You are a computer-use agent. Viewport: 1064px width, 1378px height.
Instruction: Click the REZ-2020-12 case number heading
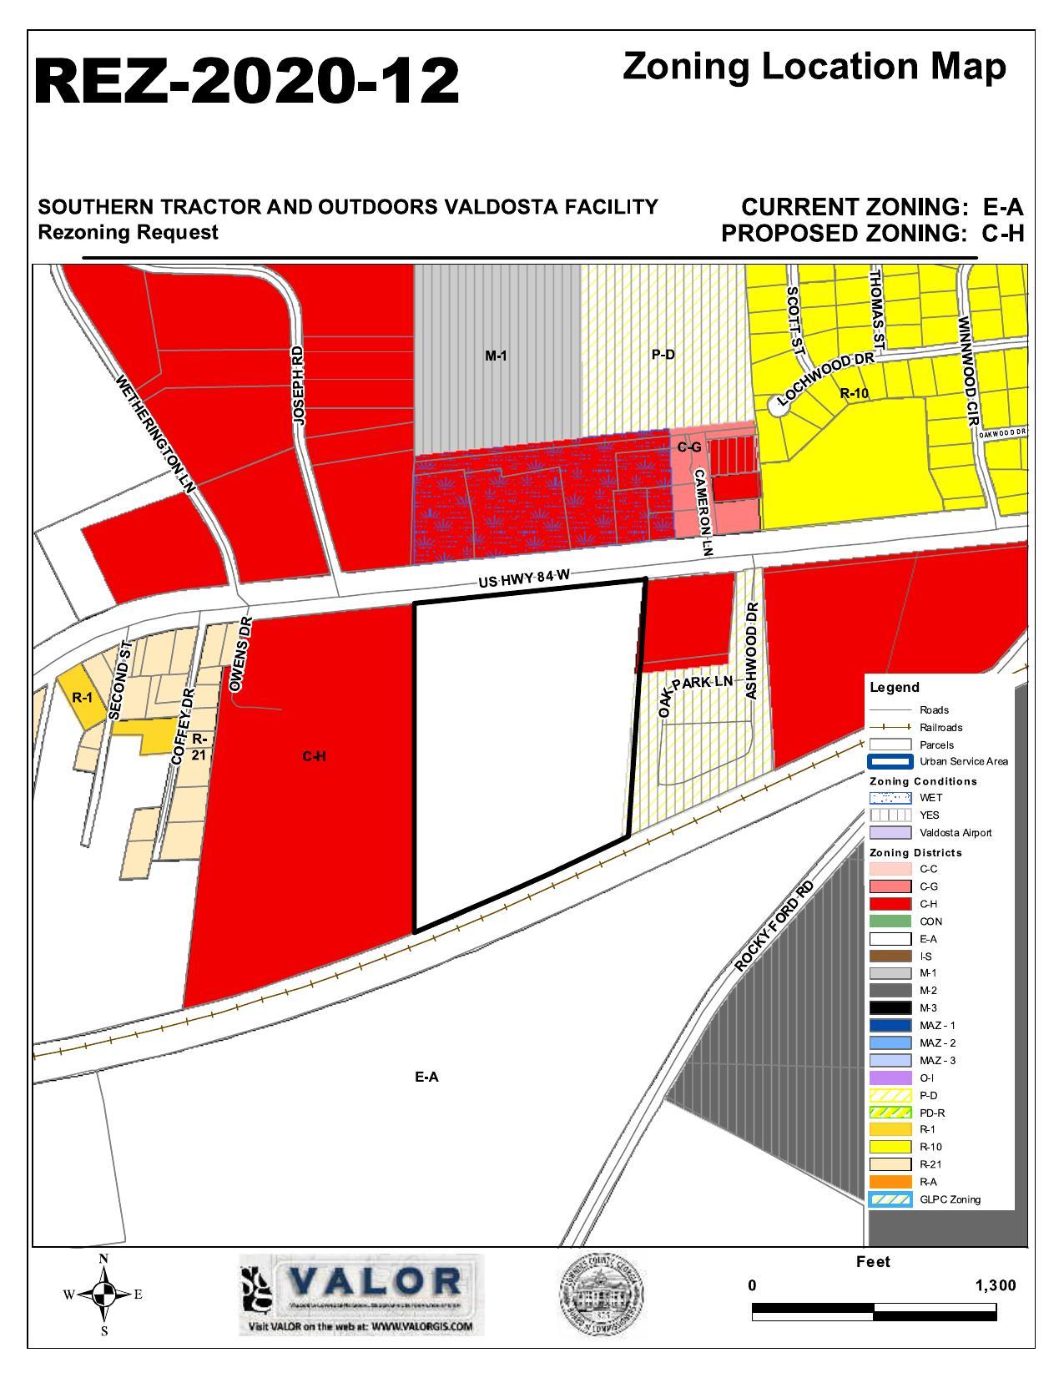[247, 81]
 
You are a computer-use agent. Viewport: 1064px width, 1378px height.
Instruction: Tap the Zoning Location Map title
[814, 67]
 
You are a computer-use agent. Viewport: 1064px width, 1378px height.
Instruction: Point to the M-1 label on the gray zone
[496, 356]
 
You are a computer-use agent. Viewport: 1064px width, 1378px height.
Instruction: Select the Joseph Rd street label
[299, 387]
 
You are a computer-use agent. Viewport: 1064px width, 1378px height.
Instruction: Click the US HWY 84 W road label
[529, 577]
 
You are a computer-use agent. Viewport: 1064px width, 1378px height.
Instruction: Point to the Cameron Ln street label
[703, 512]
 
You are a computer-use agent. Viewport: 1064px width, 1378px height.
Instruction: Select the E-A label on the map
[426, 1077]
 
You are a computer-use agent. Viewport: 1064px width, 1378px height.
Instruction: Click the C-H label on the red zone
[314, 756]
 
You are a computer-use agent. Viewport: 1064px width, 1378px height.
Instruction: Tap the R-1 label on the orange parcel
[82, 698]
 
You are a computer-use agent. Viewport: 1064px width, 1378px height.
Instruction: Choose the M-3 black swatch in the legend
[890, 1007]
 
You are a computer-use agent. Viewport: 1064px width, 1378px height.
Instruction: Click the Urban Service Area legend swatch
[890, 761]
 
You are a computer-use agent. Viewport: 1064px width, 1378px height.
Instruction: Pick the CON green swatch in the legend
[890, 921]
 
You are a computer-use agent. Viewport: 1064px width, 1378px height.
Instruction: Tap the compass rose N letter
[103, 1259]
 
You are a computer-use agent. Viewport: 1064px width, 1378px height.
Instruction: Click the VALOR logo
[361, 1293]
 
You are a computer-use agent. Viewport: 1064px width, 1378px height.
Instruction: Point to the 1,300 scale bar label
[995, 1285]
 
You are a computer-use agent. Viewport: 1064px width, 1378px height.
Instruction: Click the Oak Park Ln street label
[697, 690]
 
